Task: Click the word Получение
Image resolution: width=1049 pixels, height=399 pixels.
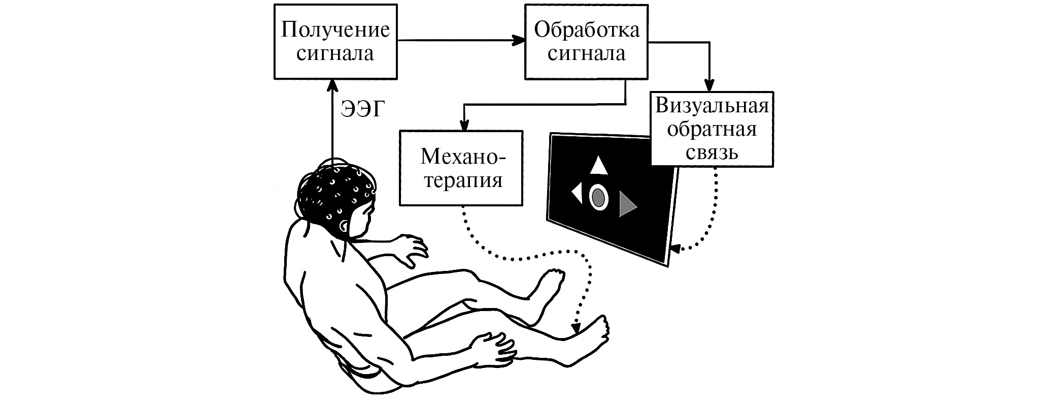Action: [x=335, y=30]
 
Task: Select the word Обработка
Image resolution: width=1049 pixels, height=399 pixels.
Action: [x=587, y=30]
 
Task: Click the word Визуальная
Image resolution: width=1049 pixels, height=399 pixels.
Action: [x=712, y=106]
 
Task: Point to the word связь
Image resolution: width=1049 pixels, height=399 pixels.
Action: [x=712, y=152]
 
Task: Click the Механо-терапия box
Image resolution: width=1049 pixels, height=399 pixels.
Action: [x=461, y=168]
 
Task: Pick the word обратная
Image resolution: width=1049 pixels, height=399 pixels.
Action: [x=712, y=129]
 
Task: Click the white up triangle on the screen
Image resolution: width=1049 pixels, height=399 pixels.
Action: [x=599, y=166]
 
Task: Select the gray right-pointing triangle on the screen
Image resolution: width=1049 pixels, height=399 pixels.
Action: [x=627, y=205]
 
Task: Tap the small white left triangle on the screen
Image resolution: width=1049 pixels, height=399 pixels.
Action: [x=577, y=194]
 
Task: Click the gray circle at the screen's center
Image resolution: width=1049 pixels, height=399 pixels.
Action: [x=599, y=196]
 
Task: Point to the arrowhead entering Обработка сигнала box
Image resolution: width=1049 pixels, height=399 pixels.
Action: [x=519, y=41]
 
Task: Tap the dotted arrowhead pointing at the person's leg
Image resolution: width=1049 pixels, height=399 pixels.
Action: [x=576, y=329]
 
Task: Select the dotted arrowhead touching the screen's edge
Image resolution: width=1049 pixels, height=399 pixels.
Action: [x=675, y=249]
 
